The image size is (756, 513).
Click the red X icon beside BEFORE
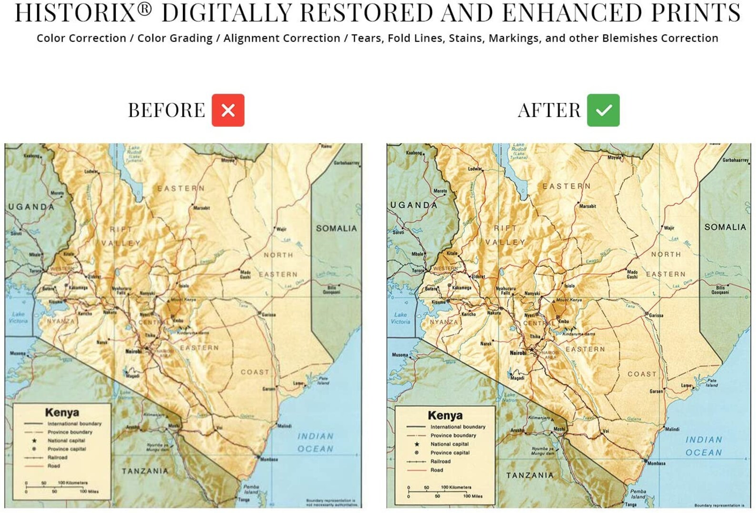click(x=228, y=111)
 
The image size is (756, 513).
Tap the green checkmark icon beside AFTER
click(x=603, y=111)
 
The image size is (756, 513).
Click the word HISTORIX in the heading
click(x=76, y=13)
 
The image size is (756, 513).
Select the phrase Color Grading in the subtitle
click(x=175, y=38)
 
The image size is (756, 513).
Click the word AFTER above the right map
click(x=549, y=111)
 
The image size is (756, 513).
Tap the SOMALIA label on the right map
click(x=725, y=227)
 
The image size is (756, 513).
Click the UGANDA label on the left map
click(x=31, y=207)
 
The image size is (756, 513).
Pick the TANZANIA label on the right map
click(x=530, y=475)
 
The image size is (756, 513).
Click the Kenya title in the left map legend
click(x=62, y=412)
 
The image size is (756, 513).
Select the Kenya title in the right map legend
click(x=445, y=415)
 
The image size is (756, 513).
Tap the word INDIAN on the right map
click(x=704, y=440)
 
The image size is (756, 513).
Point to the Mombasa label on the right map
click(x=656, y=463)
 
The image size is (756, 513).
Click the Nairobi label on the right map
click(x=518, y=353)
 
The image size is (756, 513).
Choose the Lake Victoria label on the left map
click(x=18, y=317)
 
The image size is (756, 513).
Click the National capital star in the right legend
click(x=417, y=444)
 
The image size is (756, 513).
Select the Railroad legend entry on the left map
click(x=57, y=457)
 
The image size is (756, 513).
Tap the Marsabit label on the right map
click(x=587, y=206)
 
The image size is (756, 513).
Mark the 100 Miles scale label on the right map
click(x=473, y=496)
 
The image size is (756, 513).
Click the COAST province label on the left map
click(x=255, y=372)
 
